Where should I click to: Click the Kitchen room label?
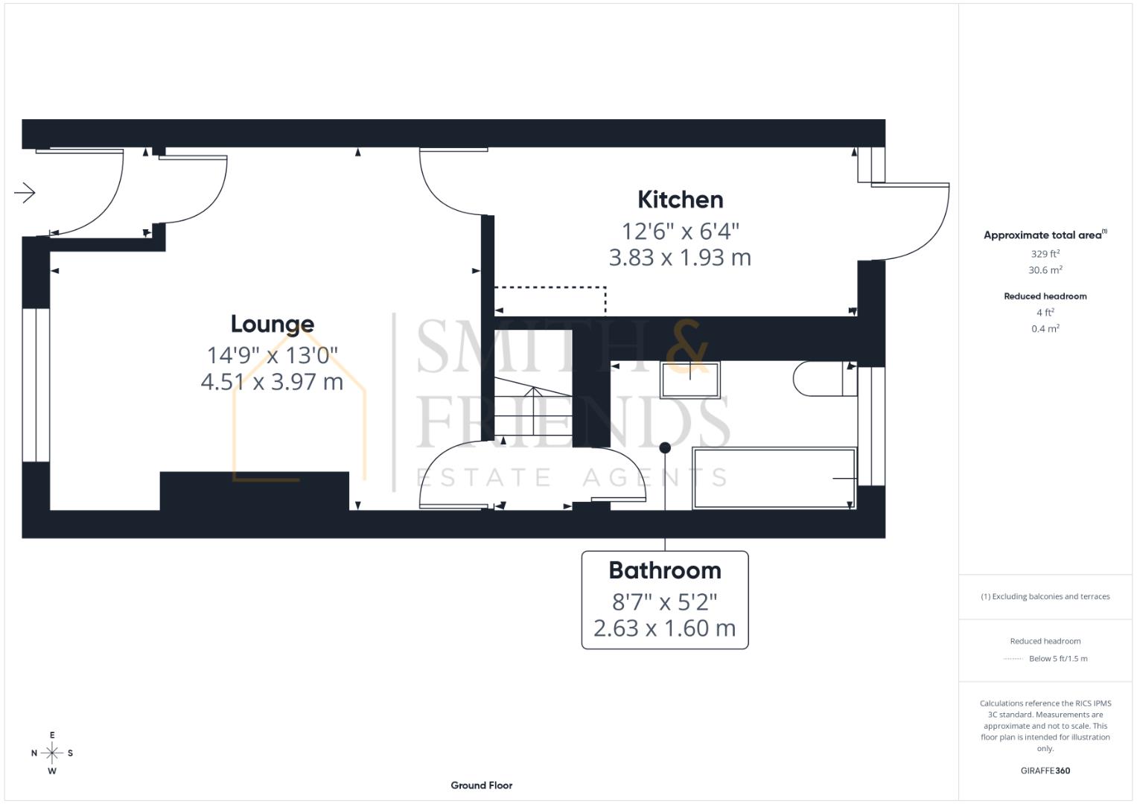(680, 200)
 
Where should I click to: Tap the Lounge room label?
(272, 324)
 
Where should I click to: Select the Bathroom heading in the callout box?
(664, 570)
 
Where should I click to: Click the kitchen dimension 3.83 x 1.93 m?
(680, 258)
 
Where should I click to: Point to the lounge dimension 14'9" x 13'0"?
(272, 354)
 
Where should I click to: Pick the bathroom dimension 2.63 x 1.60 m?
(664, 628)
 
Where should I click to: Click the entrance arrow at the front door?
(25, 193)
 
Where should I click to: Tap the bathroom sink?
(690, 380)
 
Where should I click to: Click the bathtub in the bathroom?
(774, 478)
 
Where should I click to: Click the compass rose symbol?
(52, 753)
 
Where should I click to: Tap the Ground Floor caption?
(481, 785)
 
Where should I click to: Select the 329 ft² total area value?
(1045, 254)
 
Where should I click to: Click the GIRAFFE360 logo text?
(1045, 770)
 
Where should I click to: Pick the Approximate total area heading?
(1045, 235)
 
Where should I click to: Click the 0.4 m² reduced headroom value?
(1045, 329)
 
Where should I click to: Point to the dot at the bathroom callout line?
(665, 447)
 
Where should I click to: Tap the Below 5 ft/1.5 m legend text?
(1057, 659)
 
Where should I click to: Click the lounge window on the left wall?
(35, 385)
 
